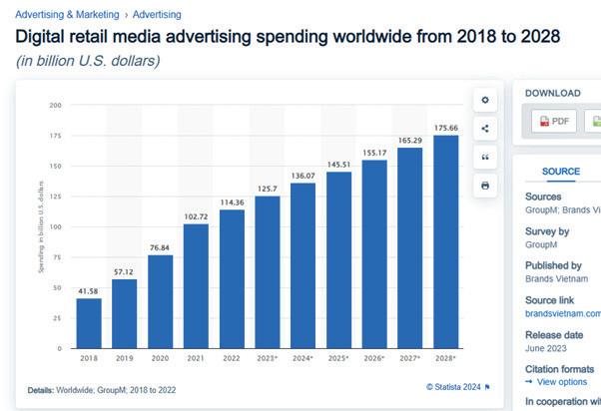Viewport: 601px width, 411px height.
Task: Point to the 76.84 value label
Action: tap(161, 247)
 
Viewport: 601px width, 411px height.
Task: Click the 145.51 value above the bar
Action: tap(338, 164)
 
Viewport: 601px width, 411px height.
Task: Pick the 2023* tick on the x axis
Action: tap(268, 357)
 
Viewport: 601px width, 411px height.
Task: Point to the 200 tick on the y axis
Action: tap(56, 105)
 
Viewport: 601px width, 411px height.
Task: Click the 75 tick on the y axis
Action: tap(58, 257)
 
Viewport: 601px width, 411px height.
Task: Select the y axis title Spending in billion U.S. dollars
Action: tap(41, 226)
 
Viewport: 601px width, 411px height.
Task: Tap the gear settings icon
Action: tap(485, 100)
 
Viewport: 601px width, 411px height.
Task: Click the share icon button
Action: tap(485, 129)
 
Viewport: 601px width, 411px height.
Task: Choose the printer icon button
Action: tap(485, 186)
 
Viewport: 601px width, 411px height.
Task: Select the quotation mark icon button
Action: tap(485, 157)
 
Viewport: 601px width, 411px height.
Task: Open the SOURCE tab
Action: tap(560, 172)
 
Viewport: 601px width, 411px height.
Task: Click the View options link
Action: tap(561, 382)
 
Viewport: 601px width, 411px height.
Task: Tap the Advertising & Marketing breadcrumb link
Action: tap(68, 15)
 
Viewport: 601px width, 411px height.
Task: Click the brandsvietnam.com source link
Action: tap(563, 313)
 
